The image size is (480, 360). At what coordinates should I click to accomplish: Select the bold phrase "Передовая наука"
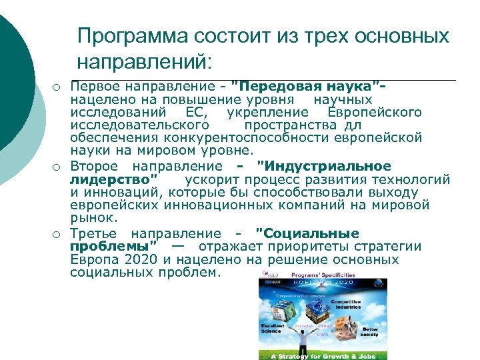point(308,87)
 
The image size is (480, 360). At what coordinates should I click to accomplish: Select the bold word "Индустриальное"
point(324,166)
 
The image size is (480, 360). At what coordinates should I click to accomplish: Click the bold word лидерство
point(115,179)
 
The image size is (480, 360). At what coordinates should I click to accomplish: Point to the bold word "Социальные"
point(308,233)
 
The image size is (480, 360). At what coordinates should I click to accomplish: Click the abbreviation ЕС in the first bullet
point(198,112)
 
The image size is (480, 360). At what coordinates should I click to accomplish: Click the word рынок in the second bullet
point(93,217)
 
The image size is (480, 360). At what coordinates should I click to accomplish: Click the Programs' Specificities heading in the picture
point(319,274)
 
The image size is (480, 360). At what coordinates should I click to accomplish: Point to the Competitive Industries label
point(347,304)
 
